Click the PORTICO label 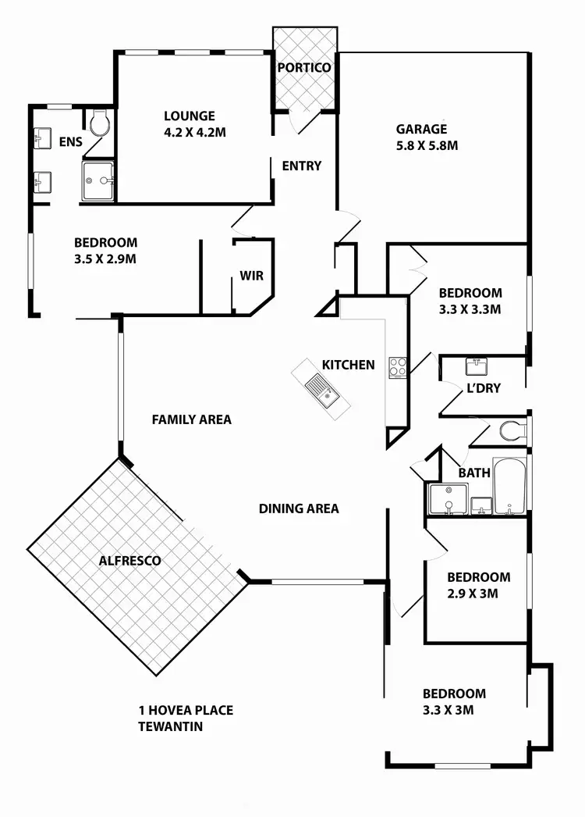(x=304, y=68)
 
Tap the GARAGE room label (x=421, y=130)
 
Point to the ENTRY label (x=301, y=166)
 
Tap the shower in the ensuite (x=98, y=182)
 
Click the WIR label (x=251, y=276)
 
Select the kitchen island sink (x=320, y=387)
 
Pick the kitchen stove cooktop (x=398, y=367)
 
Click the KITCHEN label (x=348, y=365)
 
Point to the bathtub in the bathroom (x=511, y=487)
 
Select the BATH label (x=473, y=473)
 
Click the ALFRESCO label (x=129, y=561)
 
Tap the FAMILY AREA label (x=191, y=419)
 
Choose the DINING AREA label (x=299, y=508)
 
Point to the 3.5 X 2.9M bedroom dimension (x=105, y=258)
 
